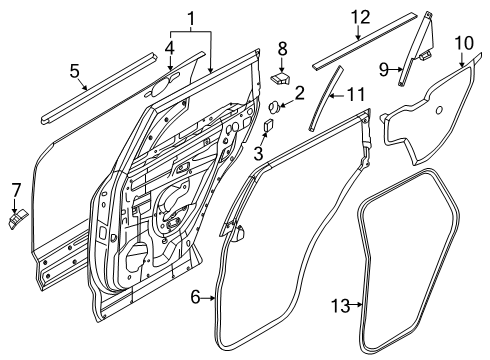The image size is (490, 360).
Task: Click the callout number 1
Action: tap(190, 17)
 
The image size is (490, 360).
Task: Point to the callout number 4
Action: tap(170, 46)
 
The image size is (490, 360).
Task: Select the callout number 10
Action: tap(463, 42)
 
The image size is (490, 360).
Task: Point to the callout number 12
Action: tap(360, 17)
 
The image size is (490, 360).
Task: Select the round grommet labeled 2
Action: tap(273, 106)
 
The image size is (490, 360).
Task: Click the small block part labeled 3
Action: tap(268, 127)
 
